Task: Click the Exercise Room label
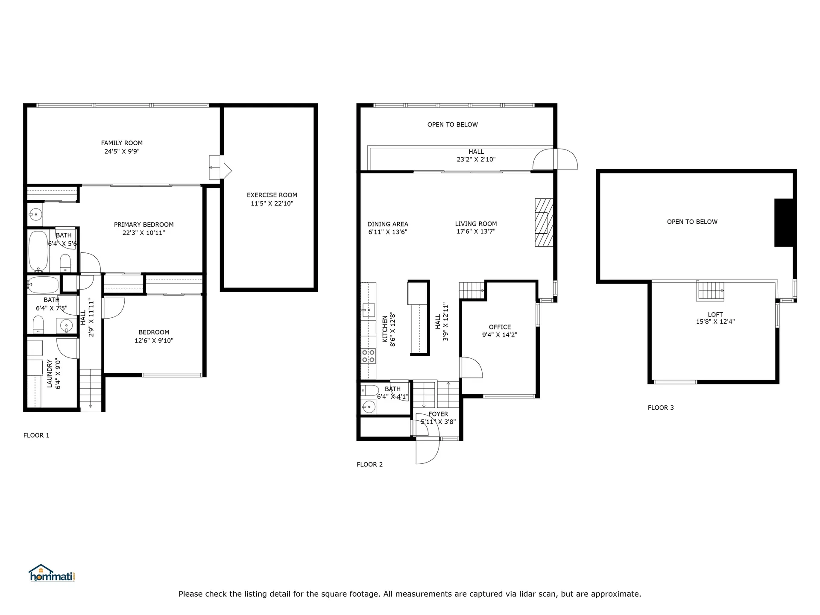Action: pyautogui.click(x=272, y=195)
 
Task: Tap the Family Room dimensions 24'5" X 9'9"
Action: pyautogui.click(x=122, y=151)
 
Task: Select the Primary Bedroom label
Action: pyautogui.click(x=143, y=225)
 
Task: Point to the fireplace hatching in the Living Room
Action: pyautogui.click(x=544, y=223)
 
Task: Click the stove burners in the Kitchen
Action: pyautogui.click(x=368, y=356)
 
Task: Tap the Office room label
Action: pyautogui.click(x=500, y=327)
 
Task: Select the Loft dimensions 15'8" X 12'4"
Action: pyautogui.click(x=715, y=322)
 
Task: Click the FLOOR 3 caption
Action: pyautogui.click(x=660, y=408)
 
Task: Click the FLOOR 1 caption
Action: pyautogui.click(x=36, y=436)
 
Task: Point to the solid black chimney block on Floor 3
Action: pyautogui.click(x=784, y=223)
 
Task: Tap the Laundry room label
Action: pyautogui.click(x=50, y=374)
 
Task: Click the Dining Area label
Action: pyautogui.click(x=387, y=224)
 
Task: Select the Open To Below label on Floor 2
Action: pyautogui.click(x=452, y=125)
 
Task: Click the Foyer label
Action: pyautogui.click(x=438, y=414)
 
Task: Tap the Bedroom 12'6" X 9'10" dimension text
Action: pyautogui.click(x=154, y=341)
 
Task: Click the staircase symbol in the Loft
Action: pyautogui.click(x=711, y=291)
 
